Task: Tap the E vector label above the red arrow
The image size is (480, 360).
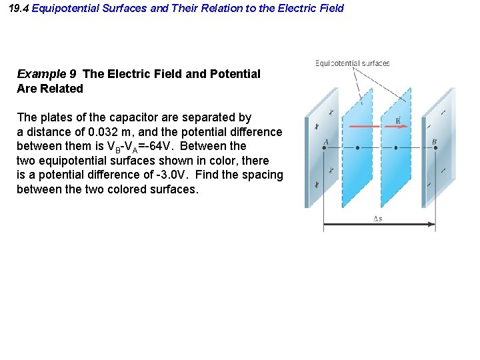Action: point(397,120)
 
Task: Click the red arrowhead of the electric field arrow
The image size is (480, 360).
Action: point(403,126)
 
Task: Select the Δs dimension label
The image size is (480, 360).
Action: point(377,218)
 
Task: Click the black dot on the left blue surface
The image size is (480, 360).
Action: point(357,149)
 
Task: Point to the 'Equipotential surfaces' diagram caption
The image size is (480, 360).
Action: point(352,63)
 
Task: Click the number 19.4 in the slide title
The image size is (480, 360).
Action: point(19,8)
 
